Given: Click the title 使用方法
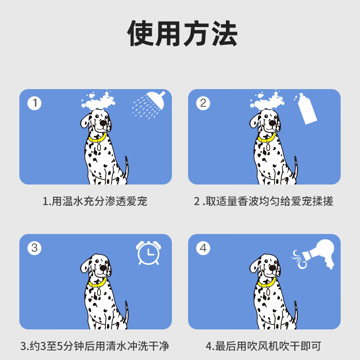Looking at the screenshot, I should click(182, 34).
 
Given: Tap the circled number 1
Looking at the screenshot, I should click(35, 103).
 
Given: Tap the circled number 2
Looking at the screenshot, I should click(203, 103).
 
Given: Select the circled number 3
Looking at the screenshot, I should click(35, 248).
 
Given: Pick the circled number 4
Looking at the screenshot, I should click(203, 248).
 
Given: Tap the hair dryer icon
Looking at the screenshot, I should click(317, 254).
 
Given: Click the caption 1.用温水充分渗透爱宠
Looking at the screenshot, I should click(95, 201).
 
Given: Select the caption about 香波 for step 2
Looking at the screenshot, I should click(264, 201).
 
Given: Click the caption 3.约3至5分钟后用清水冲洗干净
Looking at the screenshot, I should click(95, 346).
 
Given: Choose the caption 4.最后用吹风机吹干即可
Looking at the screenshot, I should click(264, 346).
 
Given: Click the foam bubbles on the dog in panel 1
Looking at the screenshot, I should click(99, 101).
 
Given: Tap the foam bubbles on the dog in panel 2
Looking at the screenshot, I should click(267, 101).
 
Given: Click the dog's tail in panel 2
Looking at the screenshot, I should click(295, 169).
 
